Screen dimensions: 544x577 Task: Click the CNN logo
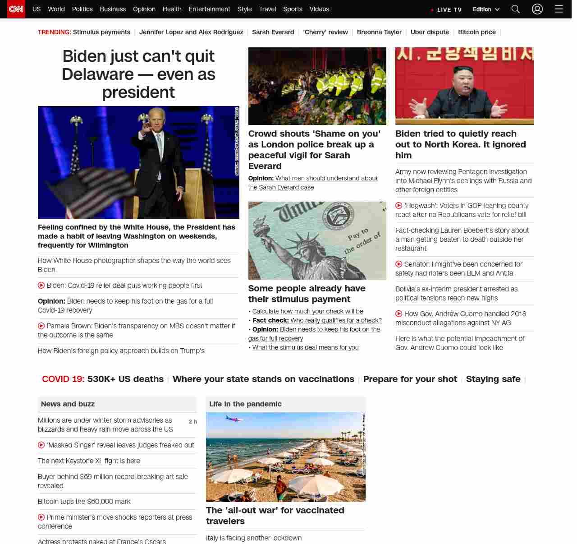[16, 9]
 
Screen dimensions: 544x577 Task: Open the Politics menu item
[82, 9]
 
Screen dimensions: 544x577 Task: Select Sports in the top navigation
[293, 9]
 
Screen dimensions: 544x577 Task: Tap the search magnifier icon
[516, 9]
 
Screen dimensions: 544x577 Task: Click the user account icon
[537, 9]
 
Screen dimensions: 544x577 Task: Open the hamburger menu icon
[559, 9]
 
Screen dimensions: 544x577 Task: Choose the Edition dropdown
[486, 9]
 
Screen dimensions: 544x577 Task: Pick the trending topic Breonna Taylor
[379, 32]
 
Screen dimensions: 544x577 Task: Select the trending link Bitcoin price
[476, 32]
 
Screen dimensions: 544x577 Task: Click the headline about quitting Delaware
[138, 74]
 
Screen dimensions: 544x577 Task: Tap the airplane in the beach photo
[234, 419]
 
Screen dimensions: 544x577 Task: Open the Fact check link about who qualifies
[335, 320]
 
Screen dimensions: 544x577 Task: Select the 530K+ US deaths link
[125, 379]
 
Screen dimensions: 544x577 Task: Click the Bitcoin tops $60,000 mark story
[84, 502]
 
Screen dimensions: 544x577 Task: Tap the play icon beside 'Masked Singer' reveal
[41, 445]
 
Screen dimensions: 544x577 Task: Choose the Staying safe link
[493, 379]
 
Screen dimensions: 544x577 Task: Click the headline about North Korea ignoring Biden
[460, 144]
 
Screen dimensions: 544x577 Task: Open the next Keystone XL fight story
[89, 461]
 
